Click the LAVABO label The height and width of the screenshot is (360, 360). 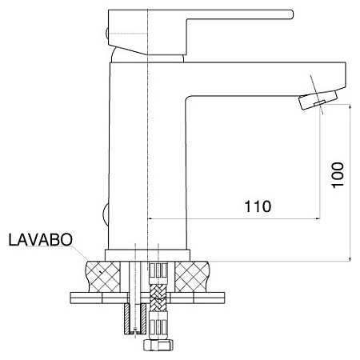point(41,240)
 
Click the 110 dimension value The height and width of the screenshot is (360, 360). point(258,206)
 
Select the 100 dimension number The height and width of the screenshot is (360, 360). point(338,175)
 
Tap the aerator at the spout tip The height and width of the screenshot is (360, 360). point(318,100)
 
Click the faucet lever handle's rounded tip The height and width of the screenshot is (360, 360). point(291,14)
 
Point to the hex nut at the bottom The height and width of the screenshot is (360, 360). point(158,345)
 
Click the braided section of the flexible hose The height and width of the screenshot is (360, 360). point(158,298)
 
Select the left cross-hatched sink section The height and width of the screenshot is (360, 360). point(103,277)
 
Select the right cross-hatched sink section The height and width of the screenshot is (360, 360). point(192,277)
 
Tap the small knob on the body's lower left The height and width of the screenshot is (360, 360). point(106,214)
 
